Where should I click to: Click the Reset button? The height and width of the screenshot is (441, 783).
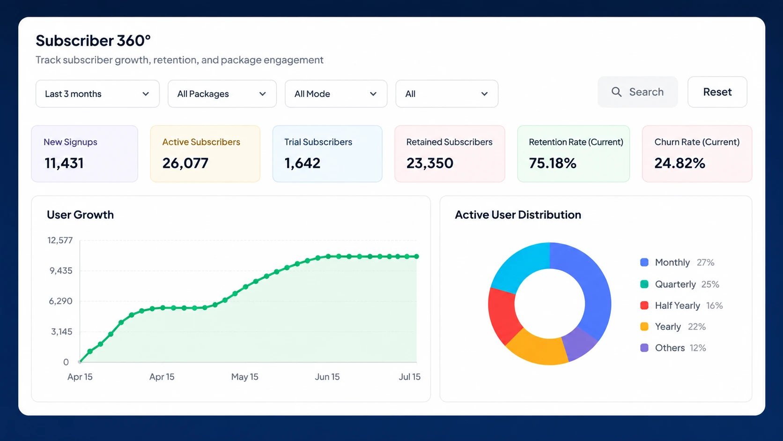coord(717,92)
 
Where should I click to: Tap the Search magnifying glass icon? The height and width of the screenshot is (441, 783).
coord(616,92)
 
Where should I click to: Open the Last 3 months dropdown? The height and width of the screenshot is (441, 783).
coord(97,94)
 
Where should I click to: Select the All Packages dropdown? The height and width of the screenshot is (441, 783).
coord(222,94)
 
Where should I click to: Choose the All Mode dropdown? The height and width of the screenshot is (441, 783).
coord(336,94)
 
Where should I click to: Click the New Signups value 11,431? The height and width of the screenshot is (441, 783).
coord(64,163)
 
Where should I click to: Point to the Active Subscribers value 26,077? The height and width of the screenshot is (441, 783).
coord(185,163)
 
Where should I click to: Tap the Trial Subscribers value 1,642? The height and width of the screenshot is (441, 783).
coord(303,163)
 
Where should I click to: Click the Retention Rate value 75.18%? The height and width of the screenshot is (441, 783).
coord(553,163)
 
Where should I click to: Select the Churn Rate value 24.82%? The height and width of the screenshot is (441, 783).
coord(680,163)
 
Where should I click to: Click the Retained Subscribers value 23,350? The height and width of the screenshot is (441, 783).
coord(430,163)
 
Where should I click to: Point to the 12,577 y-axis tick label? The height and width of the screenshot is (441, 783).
coord(60,240)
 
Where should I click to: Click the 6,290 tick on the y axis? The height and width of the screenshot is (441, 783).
coord(60,301)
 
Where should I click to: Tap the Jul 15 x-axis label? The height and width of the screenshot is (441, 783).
coord(410,377)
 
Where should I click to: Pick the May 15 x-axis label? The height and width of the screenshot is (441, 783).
coord(244,377)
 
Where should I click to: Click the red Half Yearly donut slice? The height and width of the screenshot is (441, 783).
coord(503,315)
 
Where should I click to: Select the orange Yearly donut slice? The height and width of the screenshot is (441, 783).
coord(537,350)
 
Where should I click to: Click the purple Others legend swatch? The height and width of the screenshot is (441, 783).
coord(644,348)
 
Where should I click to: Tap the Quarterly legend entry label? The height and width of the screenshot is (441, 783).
coord(675,284)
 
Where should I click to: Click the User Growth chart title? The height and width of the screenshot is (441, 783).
coord(81,215)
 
